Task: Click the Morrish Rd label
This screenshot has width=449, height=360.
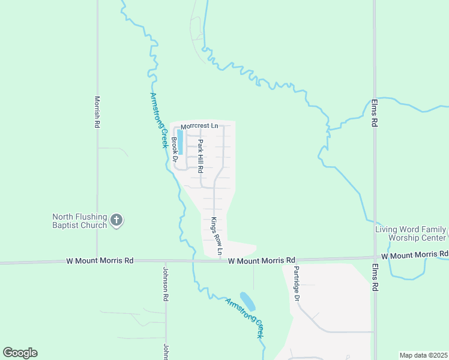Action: click(97, 112)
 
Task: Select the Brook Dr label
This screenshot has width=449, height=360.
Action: click(174, 150)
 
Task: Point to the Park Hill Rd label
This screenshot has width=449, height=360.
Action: click(201, 156)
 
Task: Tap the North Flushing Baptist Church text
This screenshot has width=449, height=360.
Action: click(79, 221)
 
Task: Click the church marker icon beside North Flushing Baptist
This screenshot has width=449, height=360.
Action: click(117, 221)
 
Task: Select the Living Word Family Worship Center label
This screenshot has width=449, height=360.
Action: click(411, 233)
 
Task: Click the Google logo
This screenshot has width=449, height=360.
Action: click(20, 353)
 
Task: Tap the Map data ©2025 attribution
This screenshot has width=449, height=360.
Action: click(423, 355)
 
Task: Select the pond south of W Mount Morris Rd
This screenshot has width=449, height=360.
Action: click(247, 301)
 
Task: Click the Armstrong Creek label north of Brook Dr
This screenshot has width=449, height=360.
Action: click(157, 120)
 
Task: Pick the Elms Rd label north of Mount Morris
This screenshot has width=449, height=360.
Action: click(374, 113)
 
